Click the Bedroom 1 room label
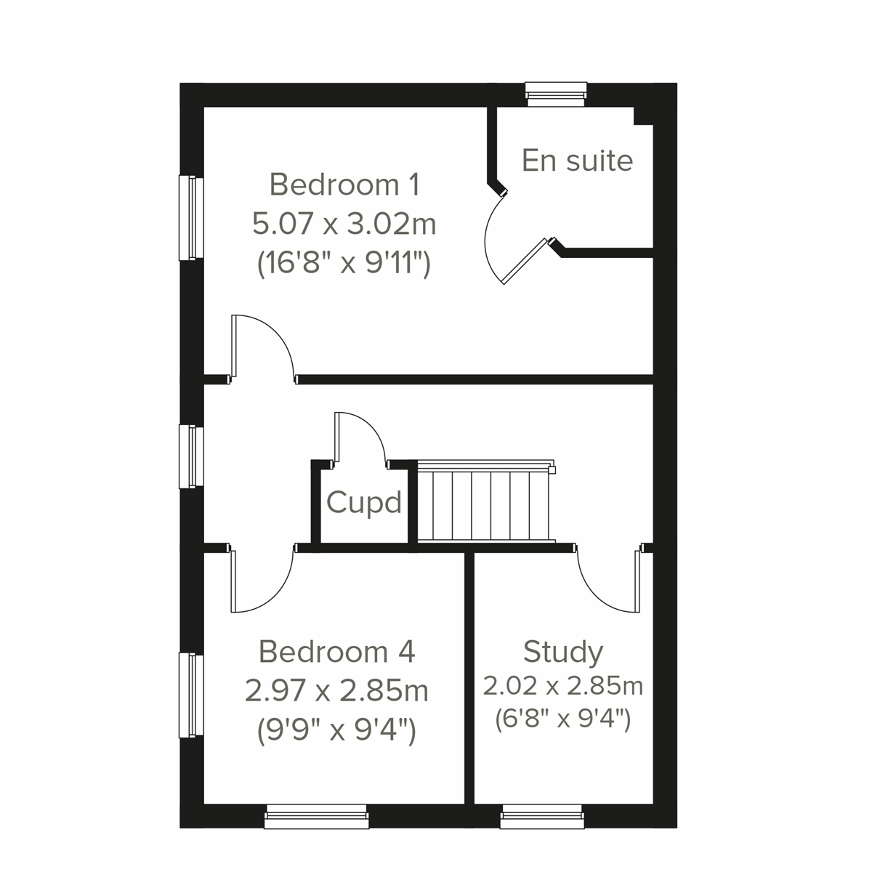tap(344, 185)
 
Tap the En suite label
tap(577, 161)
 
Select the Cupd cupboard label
tap(363, 502)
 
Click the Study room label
tap(563, 652)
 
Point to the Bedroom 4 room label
tap(336, 652)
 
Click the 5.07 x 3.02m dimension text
tap(344, 224)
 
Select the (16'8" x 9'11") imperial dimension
tap(344, 263)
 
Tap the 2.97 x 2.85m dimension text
tap(336, 690)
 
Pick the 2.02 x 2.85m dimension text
tap(563, 685)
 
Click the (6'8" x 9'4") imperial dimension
tap(563, 719)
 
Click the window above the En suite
tap(556, 93)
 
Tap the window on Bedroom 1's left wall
tap(191, 217)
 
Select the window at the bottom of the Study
tap(541, 817)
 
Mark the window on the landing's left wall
tap(191, 456)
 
